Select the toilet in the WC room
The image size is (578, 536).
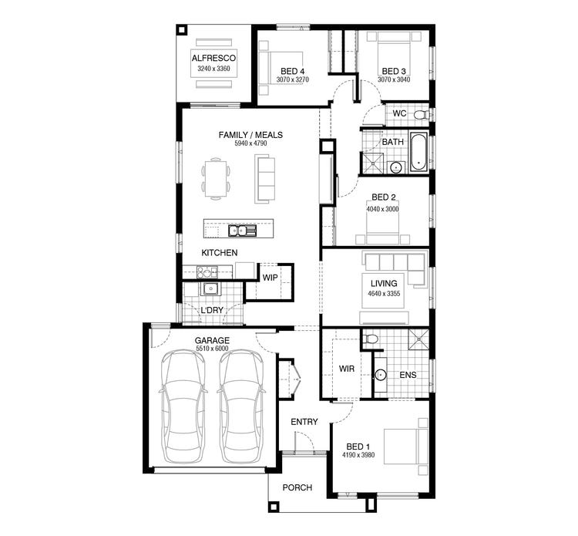[x=420, y=114]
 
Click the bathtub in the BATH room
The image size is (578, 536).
[x=417, y=152]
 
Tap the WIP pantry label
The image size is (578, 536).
[x=270, y=278]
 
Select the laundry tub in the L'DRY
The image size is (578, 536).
[x=209, y=289]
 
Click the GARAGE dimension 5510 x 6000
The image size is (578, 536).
[x=212, y=349]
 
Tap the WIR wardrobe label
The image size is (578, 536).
[x=346, y=369]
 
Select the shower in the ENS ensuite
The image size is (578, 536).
[x=419, y=339]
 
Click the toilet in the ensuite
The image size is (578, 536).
[x=371, y=339]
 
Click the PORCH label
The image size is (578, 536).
[x=297, y=487]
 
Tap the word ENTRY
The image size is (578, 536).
[x=304, y=422]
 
